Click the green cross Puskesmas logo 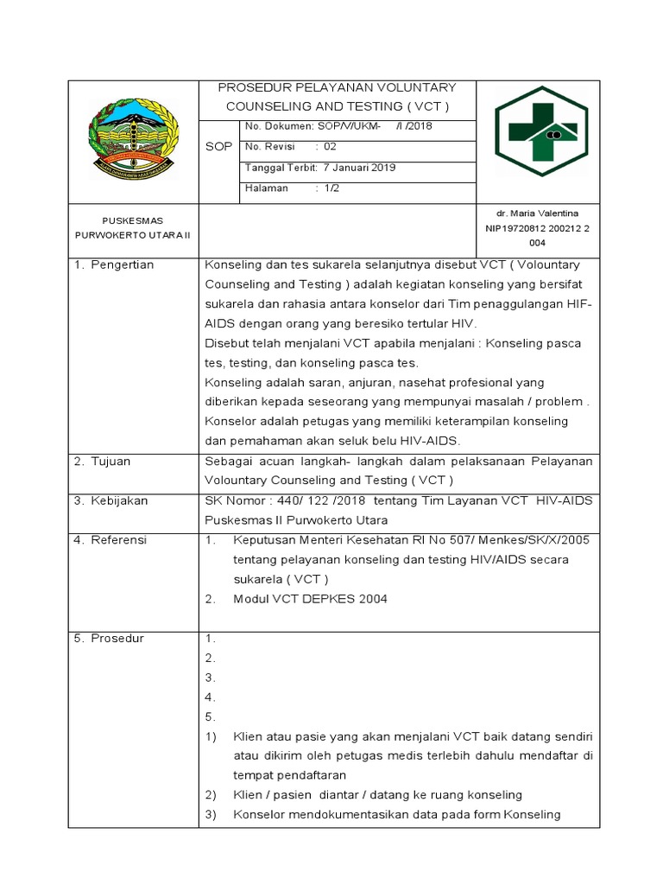point(540,131)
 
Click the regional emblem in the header point(132,138)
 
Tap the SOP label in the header point(218,147)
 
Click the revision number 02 point(329,147)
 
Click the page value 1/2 point(331,188)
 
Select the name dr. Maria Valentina point(537,213)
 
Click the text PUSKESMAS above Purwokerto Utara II point(133,220)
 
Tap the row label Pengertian point(123,264)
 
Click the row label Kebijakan point(120,501)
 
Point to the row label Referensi point(120,540)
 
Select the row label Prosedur point(119,639)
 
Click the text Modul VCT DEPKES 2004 point(310,599)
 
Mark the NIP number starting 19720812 point(537,229)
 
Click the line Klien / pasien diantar point(376,795)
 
